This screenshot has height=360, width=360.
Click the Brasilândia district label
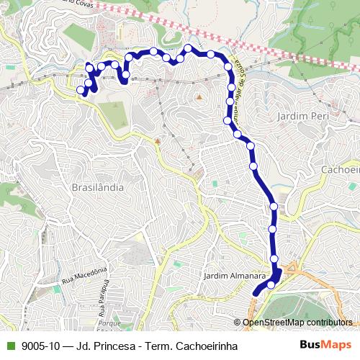98,187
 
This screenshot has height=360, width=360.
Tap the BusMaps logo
325,345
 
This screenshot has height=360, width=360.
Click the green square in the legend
10,346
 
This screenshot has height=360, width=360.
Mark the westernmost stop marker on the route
81,90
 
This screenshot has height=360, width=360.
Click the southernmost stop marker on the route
271,284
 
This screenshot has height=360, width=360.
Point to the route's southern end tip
256,293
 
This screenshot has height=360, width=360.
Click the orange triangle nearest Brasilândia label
158,140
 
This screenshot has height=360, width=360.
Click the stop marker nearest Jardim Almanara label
271,284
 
